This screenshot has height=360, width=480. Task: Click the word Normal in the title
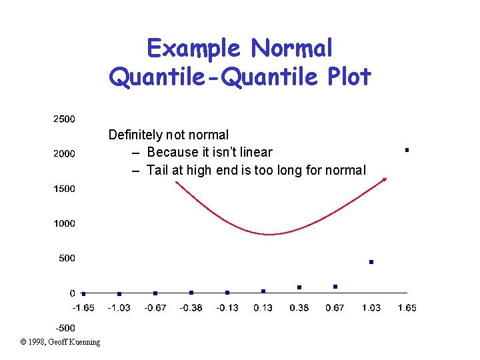pos(291,48)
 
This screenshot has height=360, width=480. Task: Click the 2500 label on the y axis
pos(64,119)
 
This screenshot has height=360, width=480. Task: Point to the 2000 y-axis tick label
pos(64,154)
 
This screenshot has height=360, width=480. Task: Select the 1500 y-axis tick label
pos(64,189)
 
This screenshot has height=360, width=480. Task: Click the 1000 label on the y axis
pos(64,223)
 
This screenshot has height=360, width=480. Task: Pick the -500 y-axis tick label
pos(64,327)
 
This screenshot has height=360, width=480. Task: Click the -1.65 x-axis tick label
pos(83,307)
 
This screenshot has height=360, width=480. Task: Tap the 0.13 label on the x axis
pos(263,307)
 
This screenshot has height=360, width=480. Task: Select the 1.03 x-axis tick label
pos(371,307)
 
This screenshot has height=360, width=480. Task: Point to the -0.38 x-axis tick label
pos(191,307)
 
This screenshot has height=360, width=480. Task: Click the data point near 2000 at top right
pos(407,150)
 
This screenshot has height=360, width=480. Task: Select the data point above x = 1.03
pos(371,262)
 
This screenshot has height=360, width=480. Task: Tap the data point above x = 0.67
pos(335,287)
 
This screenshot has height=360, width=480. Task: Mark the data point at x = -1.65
pos(83,293)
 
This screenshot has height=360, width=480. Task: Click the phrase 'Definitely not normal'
pos(168,135)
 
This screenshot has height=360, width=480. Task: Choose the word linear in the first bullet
pos(254,153)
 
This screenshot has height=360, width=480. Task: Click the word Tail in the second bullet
pos(158,170)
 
